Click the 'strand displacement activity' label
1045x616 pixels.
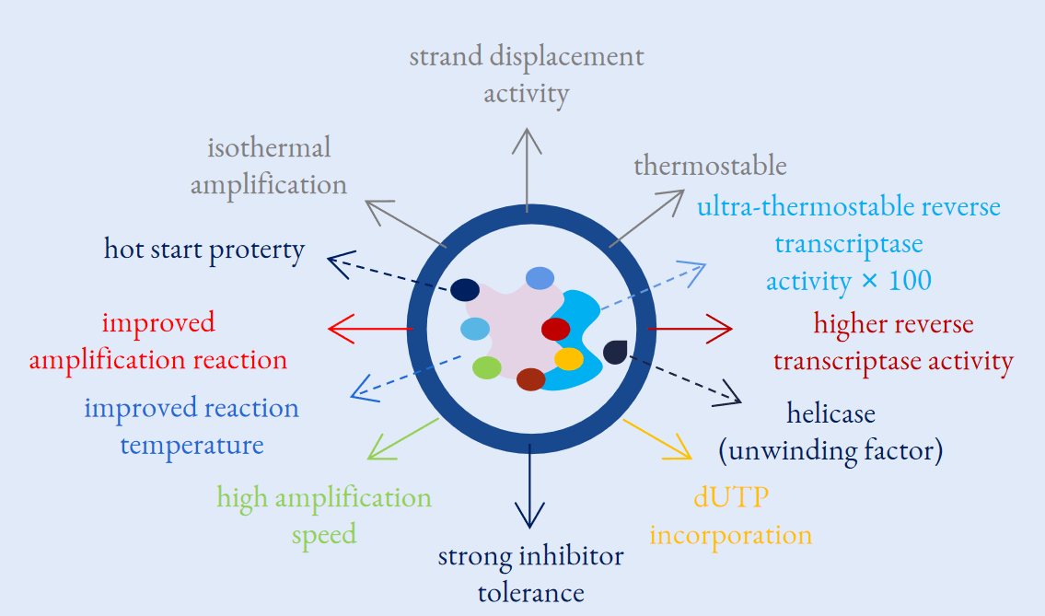tap(526, 75)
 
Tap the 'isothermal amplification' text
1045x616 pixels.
tap(269, 166)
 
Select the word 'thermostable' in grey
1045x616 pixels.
tap(710, 167)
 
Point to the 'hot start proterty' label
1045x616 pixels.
tap(204, 250)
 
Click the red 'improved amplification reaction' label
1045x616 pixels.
tap(194, 341)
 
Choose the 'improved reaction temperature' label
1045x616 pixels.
tap(192, 426)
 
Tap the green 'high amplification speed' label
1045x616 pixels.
tap(324, 516)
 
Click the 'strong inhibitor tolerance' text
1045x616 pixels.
tap(530, 574)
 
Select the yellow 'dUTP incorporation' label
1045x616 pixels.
tap(731, 517)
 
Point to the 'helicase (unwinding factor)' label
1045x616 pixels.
tap(830, 433)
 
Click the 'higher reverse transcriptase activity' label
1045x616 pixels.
tap(893, 343)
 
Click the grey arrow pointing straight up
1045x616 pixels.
tap(527, 170)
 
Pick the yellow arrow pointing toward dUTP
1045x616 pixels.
tap(657, 438)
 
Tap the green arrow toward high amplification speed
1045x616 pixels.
tap(403, 438)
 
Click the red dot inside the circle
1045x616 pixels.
tap(555, 329)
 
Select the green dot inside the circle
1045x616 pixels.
tap(486, 368)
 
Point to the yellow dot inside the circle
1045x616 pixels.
tap(568, 358)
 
